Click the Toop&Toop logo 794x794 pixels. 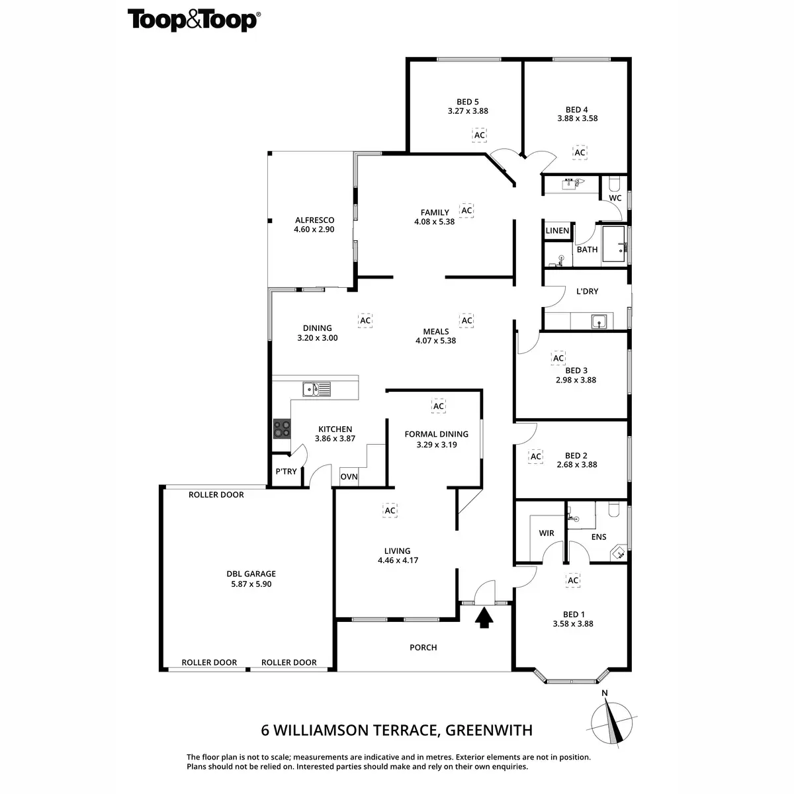(x=193, y=20)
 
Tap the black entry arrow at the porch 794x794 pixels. (x=485, y=618)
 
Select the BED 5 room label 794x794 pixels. (x=468, y=102)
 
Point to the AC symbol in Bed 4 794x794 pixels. (x=580, y=153)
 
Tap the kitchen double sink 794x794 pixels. (x=317, y=389)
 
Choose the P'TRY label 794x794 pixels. (x=287, y=472)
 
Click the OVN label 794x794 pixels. (x=349, y=477)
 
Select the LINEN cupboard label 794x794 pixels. (x=557, y=231)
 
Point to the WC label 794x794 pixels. (x=615, y=198)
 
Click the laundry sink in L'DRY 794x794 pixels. (x=599, y=322)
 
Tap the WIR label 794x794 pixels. (x=547, y=533)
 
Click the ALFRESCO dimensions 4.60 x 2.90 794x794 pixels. (x=314, y=230)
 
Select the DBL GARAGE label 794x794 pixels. (x=251, y=574)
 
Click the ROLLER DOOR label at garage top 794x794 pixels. (x=216, y=495)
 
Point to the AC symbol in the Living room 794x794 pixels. (x=390, y=511)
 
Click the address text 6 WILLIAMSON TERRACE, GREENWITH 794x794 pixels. (x=397, y=731)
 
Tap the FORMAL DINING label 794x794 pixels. (x=437, y=435)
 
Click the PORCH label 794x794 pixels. (x=423, y=648)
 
